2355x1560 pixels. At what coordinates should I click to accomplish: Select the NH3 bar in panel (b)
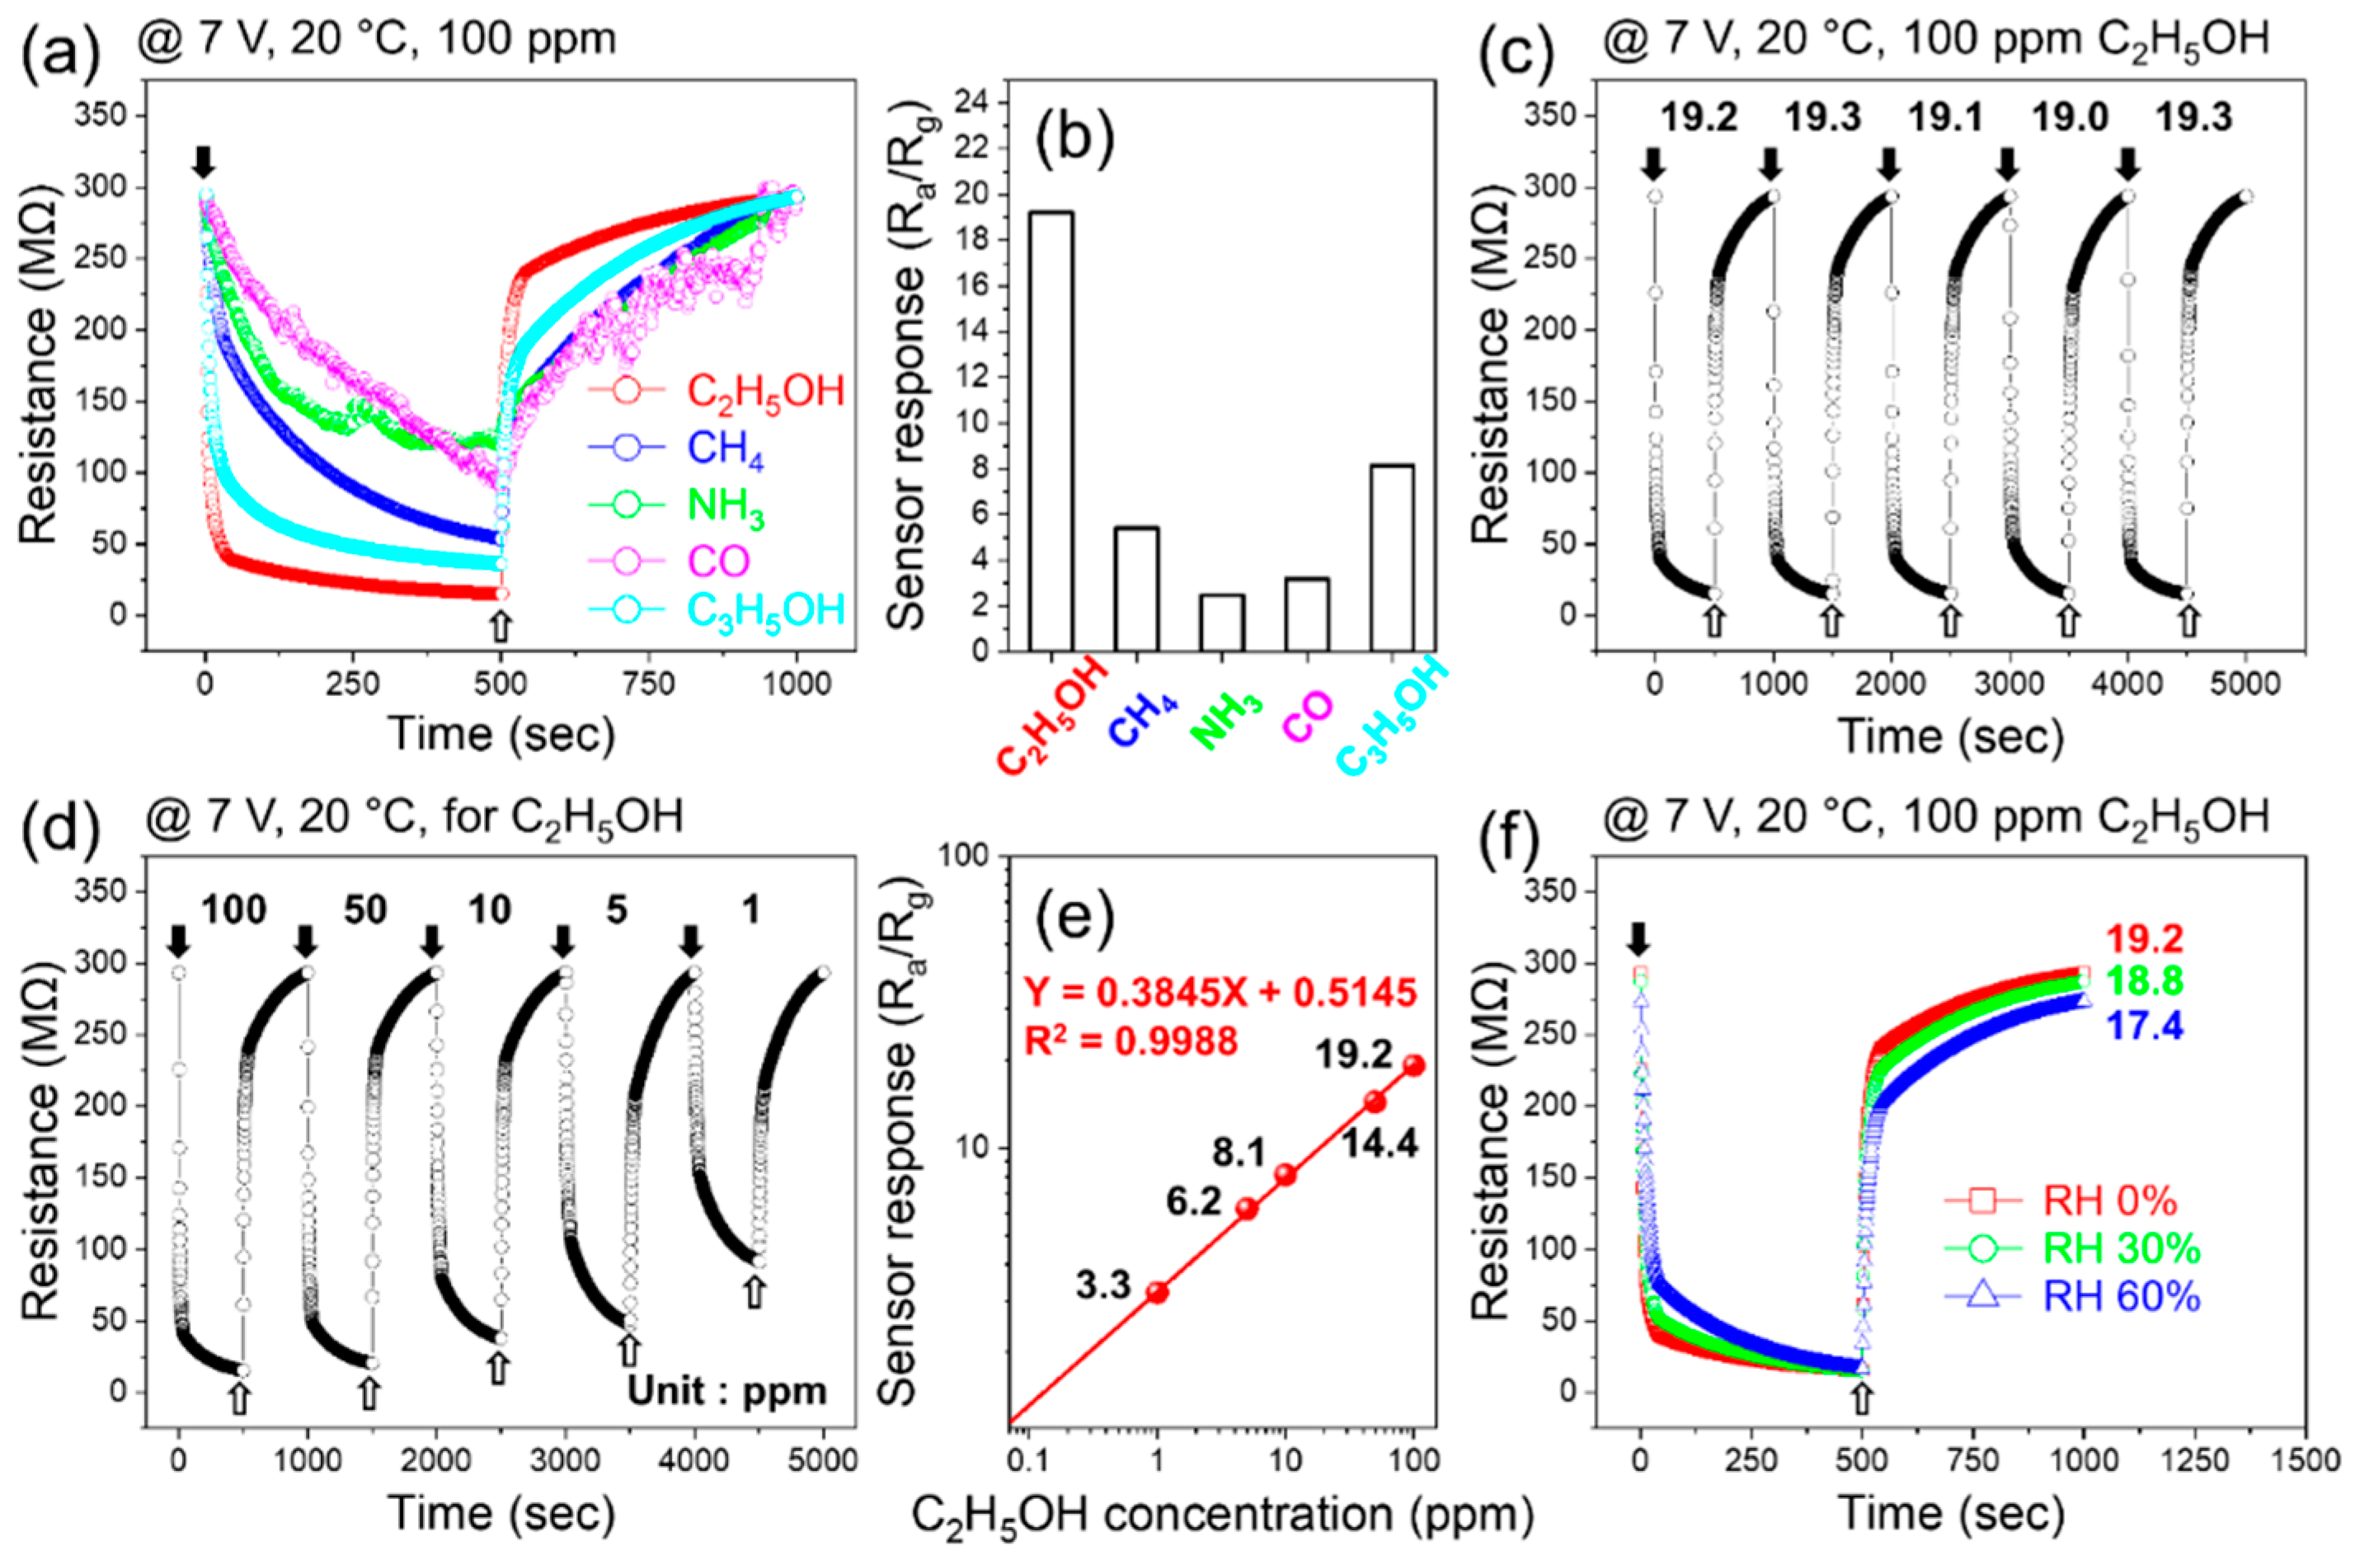(1220, 622)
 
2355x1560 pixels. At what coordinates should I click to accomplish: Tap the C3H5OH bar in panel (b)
(1391, 557)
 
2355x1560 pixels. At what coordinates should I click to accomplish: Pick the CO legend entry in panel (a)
(717, 562)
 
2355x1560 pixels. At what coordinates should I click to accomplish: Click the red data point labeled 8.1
(1286, 1175)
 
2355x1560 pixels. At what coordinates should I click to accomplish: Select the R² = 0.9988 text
(1131, 1041)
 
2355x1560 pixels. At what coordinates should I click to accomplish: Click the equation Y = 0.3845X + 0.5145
(1220, 991)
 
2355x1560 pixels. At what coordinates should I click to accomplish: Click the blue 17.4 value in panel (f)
(2143, 1026)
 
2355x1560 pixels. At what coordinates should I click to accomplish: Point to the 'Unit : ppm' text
(726, 1390)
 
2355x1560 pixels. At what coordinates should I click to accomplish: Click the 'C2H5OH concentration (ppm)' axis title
(1223, 1516)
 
